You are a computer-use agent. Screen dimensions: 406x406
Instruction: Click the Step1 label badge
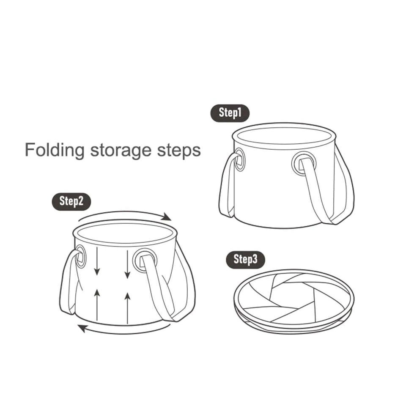pos(230,113)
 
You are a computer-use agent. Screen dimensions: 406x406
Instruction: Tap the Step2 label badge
pos(71,202)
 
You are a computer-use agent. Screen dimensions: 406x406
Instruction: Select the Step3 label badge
pos(246,260)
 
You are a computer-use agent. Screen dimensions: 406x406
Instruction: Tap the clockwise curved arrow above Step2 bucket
pos(125,214)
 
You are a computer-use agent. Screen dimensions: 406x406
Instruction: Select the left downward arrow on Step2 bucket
pos(97,261)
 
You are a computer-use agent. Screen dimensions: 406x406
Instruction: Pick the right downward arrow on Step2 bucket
pos(127,264)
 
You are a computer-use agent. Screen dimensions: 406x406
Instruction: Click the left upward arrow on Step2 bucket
pos(97,305)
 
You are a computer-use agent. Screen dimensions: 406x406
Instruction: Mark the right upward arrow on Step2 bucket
pos(127,308)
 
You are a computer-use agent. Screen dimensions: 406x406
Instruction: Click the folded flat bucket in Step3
pos(294,302)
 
